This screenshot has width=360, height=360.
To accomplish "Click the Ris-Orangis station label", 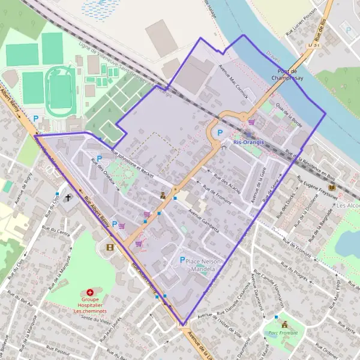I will (x=249, y=143).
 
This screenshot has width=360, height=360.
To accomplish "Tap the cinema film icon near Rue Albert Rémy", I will (x=109, y=247).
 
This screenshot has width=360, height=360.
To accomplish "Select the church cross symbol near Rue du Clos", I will (x=68, y=197).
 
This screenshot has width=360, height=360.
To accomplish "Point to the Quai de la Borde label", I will (x=289, y=113).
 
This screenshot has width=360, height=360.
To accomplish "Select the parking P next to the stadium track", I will (x=35, y=119).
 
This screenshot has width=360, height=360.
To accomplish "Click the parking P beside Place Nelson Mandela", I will (x=182, y=259).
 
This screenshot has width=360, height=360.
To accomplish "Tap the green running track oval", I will (x=60, y=91).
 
